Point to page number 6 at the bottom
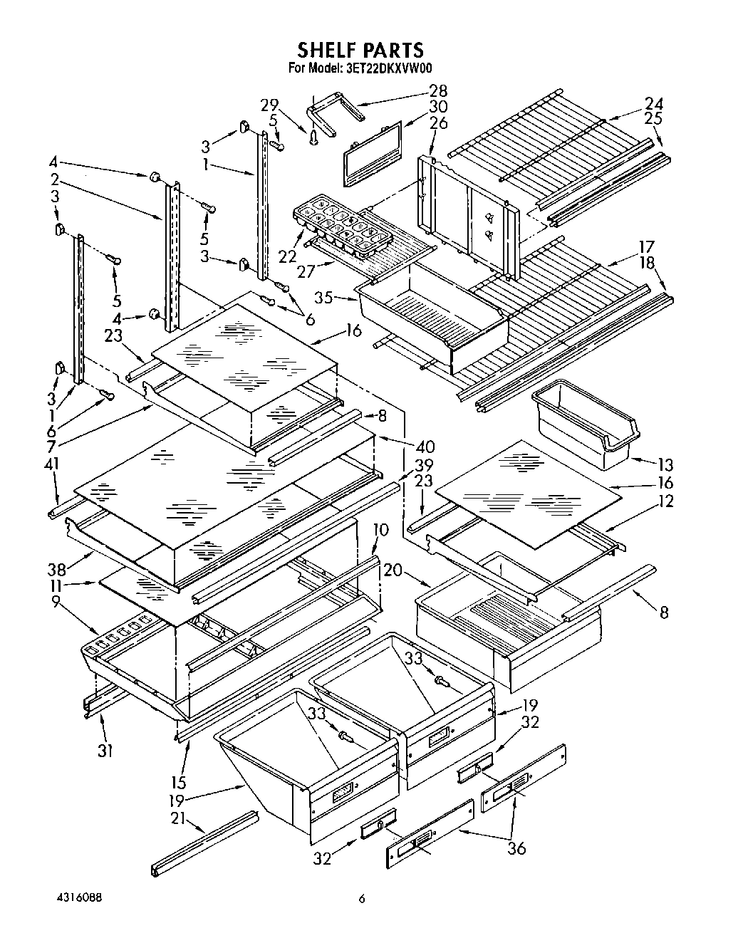point(362,900)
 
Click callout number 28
point(437,90)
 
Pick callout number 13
point(665,465)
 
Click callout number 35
point(324,298)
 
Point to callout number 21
point(177,819)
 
